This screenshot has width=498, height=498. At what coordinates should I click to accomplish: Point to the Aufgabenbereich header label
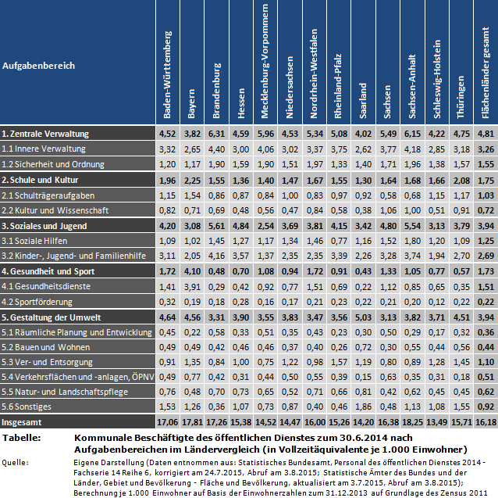(x=38, y=66)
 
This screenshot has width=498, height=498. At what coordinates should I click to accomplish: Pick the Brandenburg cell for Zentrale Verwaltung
(x=217, y=134)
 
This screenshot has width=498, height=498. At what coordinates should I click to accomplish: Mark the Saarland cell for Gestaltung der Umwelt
(x=362, y=317)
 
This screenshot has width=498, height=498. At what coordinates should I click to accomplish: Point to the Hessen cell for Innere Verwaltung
(x=241, y=149)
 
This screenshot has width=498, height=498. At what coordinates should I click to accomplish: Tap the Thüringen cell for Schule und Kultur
(x=460, y=180)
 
